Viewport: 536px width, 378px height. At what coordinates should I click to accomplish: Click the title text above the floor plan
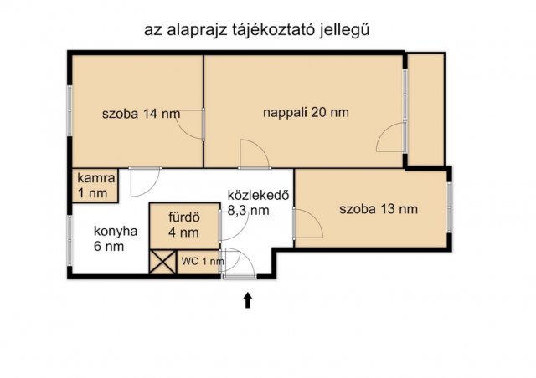258,29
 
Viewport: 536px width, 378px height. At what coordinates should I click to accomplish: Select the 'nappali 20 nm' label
306,112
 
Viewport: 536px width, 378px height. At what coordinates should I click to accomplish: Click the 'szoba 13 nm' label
379,209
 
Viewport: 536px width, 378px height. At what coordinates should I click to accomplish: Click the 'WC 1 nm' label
203,261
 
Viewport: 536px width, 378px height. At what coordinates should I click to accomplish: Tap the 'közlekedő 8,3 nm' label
259,203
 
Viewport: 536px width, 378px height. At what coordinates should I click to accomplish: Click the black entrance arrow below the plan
248,299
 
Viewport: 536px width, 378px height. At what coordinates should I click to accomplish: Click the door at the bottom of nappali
253,154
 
